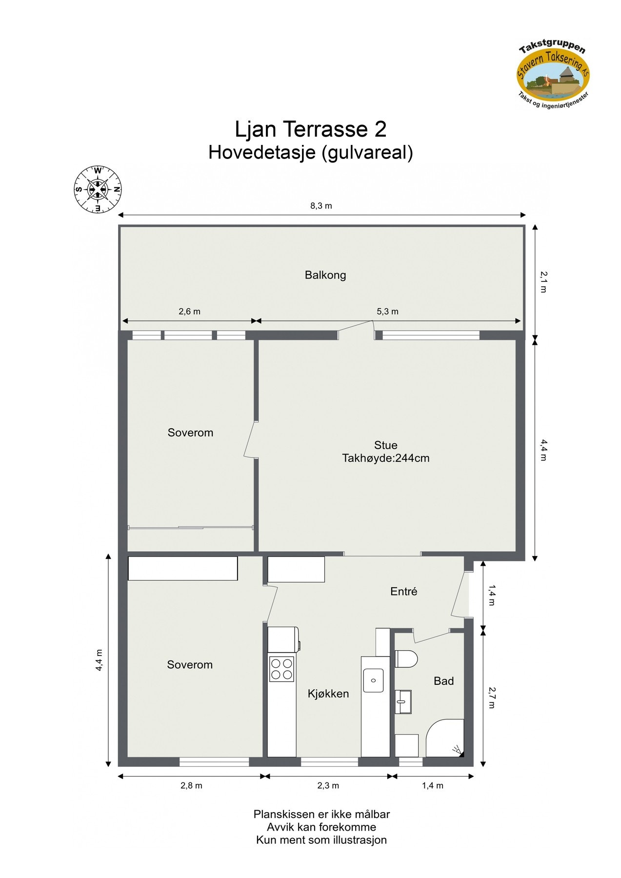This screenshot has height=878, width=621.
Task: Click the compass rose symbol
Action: pos(98,189)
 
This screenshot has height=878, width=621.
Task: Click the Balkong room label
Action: pos(325,275)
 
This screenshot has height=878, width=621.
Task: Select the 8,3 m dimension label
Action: pos(321,206)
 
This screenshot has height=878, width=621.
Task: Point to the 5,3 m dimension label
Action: pos(387,311)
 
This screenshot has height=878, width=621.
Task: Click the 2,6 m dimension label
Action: pos(189,311)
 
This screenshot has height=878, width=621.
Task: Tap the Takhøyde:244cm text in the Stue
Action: pos(385,458)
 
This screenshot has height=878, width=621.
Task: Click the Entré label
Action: pos(403,591)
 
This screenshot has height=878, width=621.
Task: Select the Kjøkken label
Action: pos(328,694)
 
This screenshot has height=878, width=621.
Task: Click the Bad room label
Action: pos(443,681)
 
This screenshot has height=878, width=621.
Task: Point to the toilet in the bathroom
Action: pos(406,659)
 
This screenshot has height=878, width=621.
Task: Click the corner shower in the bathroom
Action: pos(445,738)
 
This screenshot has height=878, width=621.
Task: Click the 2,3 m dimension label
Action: pos(328,785)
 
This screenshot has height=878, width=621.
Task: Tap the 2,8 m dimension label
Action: pos(191,785)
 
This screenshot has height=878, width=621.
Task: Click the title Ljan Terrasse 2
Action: pos(311,129)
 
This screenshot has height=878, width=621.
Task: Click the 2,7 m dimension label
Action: pos(492,698)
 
